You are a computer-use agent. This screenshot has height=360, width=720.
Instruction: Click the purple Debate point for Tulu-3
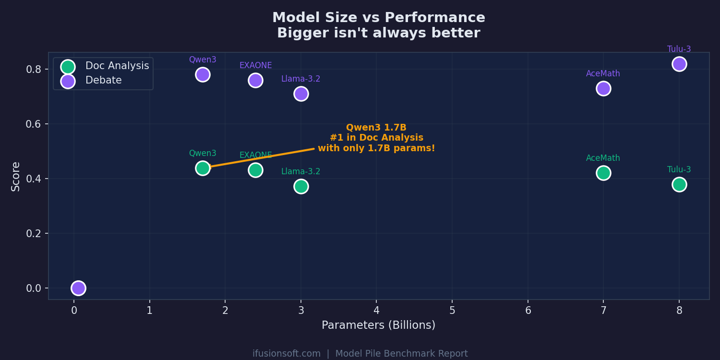coord(679,64)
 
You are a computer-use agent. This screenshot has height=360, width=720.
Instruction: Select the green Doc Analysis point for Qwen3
coord(203,168)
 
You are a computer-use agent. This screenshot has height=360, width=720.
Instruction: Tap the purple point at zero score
coord(78,288)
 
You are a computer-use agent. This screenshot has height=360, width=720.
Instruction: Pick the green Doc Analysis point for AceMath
coord(603,173)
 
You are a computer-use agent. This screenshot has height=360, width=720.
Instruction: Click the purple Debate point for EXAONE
coord(255,80)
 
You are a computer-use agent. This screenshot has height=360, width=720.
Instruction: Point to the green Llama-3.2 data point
coord(301,186)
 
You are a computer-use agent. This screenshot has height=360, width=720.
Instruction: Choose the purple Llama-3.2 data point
coord(301,94)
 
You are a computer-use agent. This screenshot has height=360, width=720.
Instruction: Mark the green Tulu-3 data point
coord(679,184)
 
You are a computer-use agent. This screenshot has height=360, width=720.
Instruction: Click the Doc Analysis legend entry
coord(117,66)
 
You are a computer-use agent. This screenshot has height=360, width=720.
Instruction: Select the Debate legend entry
coord(103,81)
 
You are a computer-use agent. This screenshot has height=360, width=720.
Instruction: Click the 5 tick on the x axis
coord(452,311)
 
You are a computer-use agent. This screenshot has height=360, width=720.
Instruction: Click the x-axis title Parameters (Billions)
coord(378,325)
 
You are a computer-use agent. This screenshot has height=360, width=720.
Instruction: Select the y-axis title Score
coord(16,176)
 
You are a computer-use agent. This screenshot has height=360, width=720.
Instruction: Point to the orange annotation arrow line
coord(262,158)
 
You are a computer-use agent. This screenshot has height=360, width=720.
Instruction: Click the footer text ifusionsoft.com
coord(287,354)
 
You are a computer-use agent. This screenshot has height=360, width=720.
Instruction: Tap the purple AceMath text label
coord(603,74)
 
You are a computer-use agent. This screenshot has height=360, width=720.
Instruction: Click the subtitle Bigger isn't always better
coord(378,33)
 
